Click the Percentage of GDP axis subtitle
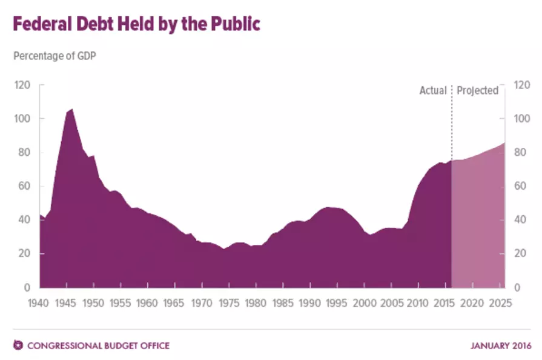click(55, 56)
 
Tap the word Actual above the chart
click(433, 90)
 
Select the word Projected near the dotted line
click(477, 90)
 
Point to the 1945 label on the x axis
click(65, 303)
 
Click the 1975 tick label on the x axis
click(229, 303)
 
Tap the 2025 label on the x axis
click(500, 303)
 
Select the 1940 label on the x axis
click(38, 303)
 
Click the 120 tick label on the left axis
click(22, 85)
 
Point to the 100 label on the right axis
click(522, 119)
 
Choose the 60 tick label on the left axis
click(24, 186)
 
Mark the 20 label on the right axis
click(520, 253)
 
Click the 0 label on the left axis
click(27, 287)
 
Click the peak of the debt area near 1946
click(72, 109)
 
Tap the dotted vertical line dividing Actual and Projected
click(451, 123)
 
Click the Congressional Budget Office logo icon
click(18, 345)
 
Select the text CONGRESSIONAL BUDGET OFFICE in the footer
click(99, 346)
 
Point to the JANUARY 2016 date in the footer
click(501, 346)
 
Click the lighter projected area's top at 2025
click(504, 143)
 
